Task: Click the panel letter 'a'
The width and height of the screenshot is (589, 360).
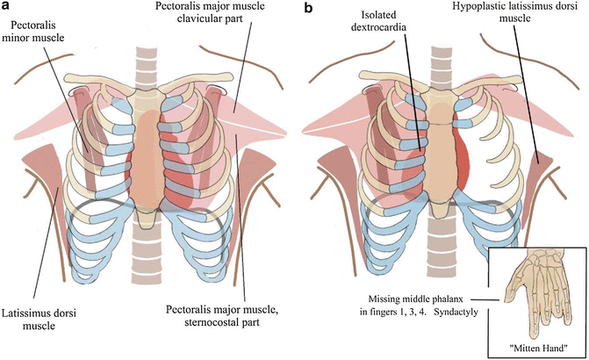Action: (x=7, y=8)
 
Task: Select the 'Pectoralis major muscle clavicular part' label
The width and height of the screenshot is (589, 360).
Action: (x=208, y=16)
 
